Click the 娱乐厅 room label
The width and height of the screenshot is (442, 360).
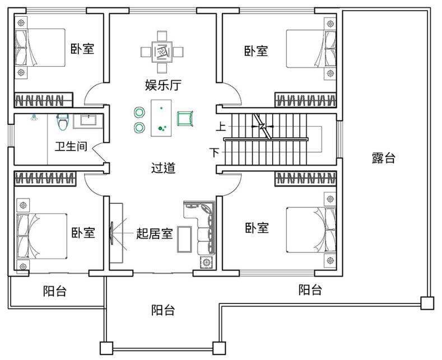tap(163, 85)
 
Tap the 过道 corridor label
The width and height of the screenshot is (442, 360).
tap(164, 168)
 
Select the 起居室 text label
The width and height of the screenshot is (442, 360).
tap(155, 233)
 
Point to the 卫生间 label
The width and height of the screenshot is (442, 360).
tap(71, 147)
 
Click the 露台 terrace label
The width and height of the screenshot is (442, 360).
tap(384, 158)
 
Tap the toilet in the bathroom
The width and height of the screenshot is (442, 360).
tap(63, 122)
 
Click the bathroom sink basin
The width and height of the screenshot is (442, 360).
tap(89, 120)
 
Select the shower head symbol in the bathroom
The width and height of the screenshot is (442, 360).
tap(34, 117)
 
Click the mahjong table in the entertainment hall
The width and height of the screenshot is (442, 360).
tap(162, 52)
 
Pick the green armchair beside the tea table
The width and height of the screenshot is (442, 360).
tap(185, 118)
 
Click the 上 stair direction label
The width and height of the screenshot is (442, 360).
tap(221, 126)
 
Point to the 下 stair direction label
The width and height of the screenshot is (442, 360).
tap(215, 152)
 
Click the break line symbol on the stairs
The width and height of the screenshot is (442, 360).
tap(263, 126)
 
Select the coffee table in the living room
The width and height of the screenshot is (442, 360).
tap(184, 239)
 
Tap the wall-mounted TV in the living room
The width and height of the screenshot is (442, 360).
tap(112, 233)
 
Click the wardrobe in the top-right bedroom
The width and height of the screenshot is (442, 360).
tap(305, 100)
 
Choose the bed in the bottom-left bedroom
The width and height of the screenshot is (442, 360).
tap(41, 236)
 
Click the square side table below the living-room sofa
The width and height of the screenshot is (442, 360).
tap(206, 263)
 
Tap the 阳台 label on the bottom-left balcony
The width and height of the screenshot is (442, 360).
tap(55, 291)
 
